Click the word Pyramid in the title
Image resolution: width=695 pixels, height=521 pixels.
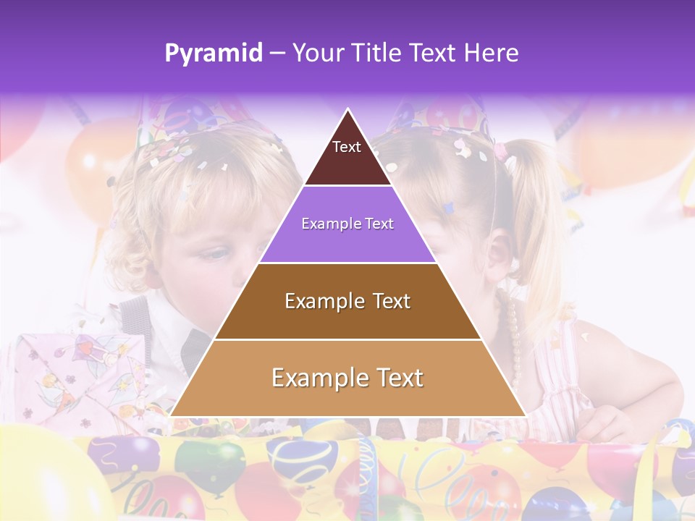point(214,54)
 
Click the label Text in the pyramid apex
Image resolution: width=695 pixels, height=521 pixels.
point(347,147)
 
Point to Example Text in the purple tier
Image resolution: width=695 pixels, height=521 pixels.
point(347,224)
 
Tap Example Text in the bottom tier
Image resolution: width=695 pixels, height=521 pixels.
point(347,378)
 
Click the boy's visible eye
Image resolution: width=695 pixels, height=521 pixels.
point(212,255)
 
